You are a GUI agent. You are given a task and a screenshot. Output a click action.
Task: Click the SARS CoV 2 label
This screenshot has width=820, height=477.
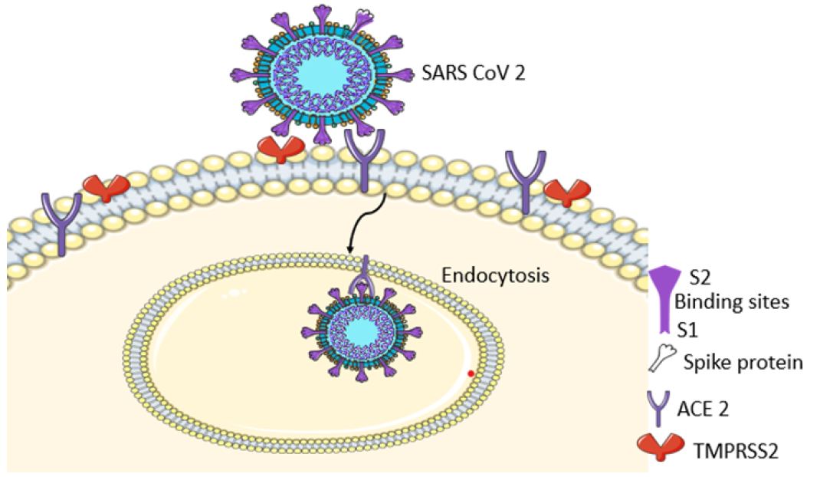point(474,73)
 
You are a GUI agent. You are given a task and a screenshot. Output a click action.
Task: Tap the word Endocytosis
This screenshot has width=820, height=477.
point(495,275)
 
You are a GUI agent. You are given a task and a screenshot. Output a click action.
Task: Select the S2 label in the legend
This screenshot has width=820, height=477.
point(700,278)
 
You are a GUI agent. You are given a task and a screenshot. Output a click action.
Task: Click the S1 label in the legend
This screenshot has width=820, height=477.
point(687,330)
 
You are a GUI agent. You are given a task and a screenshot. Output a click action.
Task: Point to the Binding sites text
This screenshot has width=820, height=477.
point(732,302)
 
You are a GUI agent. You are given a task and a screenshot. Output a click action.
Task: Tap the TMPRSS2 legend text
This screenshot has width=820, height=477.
point(736,451)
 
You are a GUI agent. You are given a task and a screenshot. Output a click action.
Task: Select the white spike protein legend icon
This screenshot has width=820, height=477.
point(661,357)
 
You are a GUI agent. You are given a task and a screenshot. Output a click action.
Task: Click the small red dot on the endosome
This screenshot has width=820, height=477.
point(471,373)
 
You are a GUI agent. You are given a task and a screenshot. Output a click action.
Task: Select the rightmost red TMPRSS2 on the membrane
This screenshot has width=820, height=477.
point(567,192)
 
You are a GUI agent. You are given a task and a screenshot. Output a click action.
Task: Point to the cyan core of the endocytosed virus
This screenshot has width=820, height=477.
point(362,331)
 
